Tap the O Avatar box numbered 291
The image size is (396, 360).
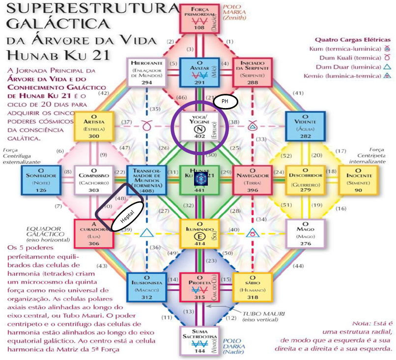[198, 72]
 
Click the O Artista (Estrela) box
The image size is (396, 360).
[94, 125]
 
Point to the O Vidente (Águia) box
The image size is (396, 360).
[305, 125]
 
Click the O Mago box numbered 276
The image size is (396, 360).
[305, 233]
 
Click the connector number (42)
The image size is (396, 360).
[104, 93]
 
